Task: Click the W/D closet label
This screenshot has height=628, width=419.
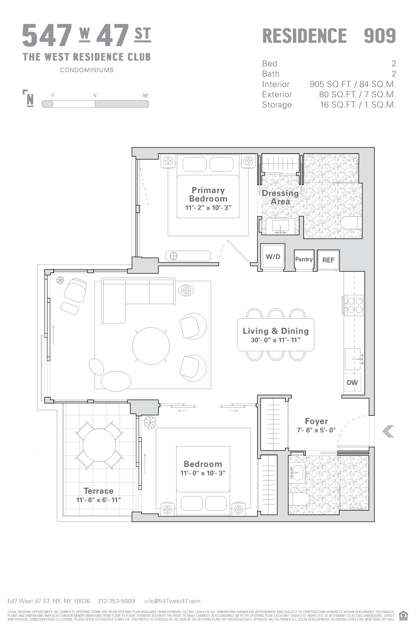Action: [x=273, y=257]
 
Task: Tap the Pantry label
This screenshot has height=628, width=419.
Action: [x=304, y=259]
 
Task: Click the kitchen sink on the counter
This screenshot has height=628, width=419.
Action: [x=353, y=359]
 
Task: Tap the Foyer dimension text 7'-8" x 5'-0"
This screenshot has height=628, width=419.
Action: [x=316, y=430]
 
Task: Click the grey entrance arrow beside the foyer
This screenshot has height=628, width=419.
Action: [x=388, y=431]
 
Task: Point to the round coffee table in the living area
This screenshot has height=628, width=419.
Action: [x=151, y=346]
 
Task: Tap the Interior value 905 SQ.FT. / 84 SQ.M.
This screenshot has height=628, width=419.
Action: [x=353, y=84]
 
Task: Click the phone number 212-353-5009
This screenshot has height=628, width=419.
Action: [x=116, y=601]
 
